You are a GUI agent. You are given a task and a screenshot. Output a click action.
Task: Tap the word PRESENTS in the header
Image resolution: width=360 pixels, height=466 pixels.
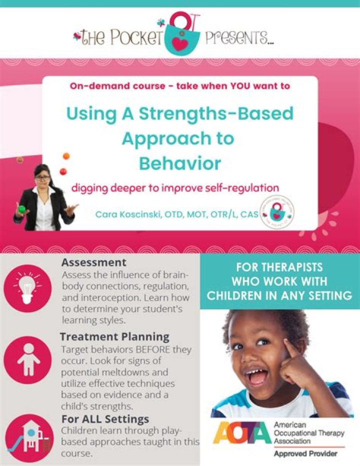pyautogui.click(x=239, y=39)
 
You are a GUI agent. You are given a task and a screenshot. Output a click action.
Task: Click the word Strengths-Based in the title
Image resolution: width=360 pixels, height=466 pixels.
pyautogui.click(x=216, y=114)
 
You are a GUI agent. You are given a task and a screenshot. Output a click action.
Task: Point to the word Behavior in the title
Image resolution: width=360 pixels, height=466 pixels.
pyautogui.click(x=180, y=163)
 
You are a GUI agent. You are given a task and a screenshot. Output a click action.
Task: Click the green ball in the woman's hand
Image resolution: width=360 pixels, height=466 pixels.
pyautogui.click(x=21, y=209)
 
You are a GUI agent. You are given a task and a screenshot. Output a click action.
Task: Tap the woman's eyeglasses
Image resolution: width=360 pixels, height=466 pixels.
pyautogui.click(x=43, y=178)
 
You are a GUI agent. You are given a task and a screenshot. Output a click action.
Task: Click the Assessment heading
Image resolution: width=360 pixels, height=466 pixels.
pyautogui.click(x=94, y=263)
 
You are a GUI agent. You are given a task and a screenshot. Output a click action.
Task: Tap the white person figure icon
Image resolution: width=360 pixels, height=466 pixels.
pyautogui.click(x=28, y=359)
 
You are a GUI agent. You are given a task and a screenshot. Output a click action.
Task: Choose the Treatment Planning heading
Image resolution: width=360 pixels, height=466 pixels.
pyautogui.click(x=114, y=337)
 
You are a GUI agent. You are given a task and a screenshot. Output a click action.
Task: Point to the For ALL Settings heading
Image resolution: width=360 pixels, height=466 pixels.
pyautogui.click(x=105, y=419)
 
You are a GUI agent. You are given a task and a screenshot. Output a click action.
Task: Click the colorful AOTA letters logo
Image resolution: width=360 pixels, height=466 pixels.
pyautogui.click(x=242, y=433)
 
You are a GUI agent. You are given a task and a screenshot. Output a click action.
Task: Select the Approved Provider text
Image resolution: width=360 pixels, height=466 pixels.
pyautogui.click(x=305, y=454)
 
